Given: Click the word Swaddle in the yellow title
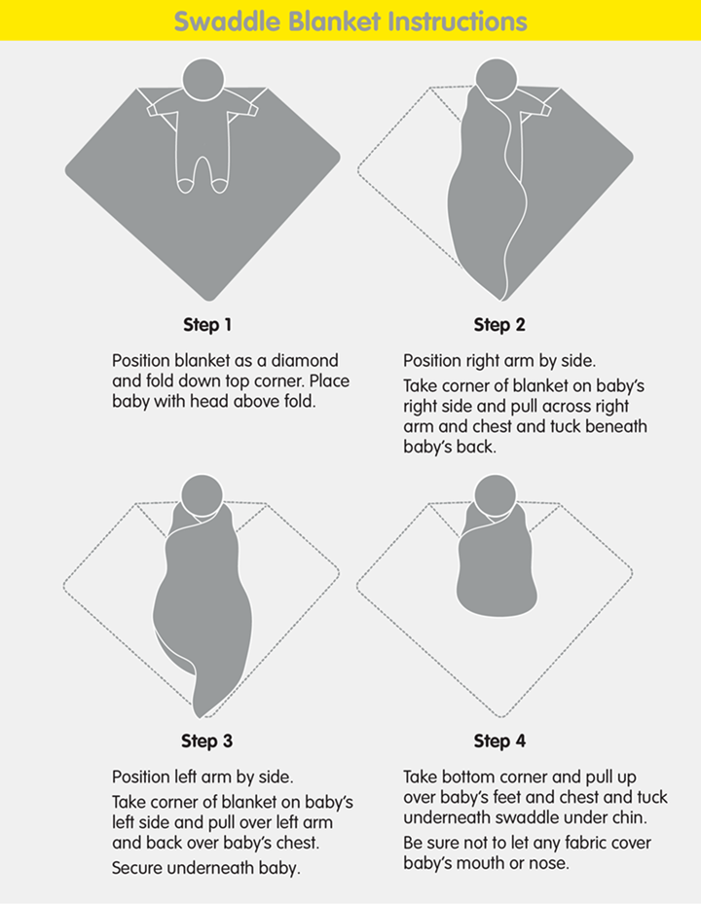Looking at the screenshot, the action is point(228,21).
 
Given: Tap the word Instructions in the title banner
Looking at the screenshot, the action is point(458,21).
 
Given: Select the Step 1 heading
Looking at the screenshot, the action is point(207,325).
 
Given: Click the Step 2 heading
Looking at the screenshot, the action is point(499,325).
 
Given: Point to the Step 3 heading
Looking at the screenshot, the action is point(207,741).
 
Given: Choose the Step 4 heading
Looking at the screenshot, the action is point(499,741).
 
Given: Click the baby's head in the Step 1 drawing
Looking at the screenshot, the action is point(203,79).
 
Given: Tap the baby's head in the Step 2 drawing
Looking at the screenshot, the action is point(497,79).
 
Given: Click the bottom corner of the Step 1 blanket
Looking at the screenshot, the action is point(209,300).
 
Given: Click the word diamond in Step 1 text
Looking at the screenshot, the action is point(305,361).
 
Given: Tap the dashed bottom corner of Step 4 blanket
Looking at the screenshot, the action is point(500,716).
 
